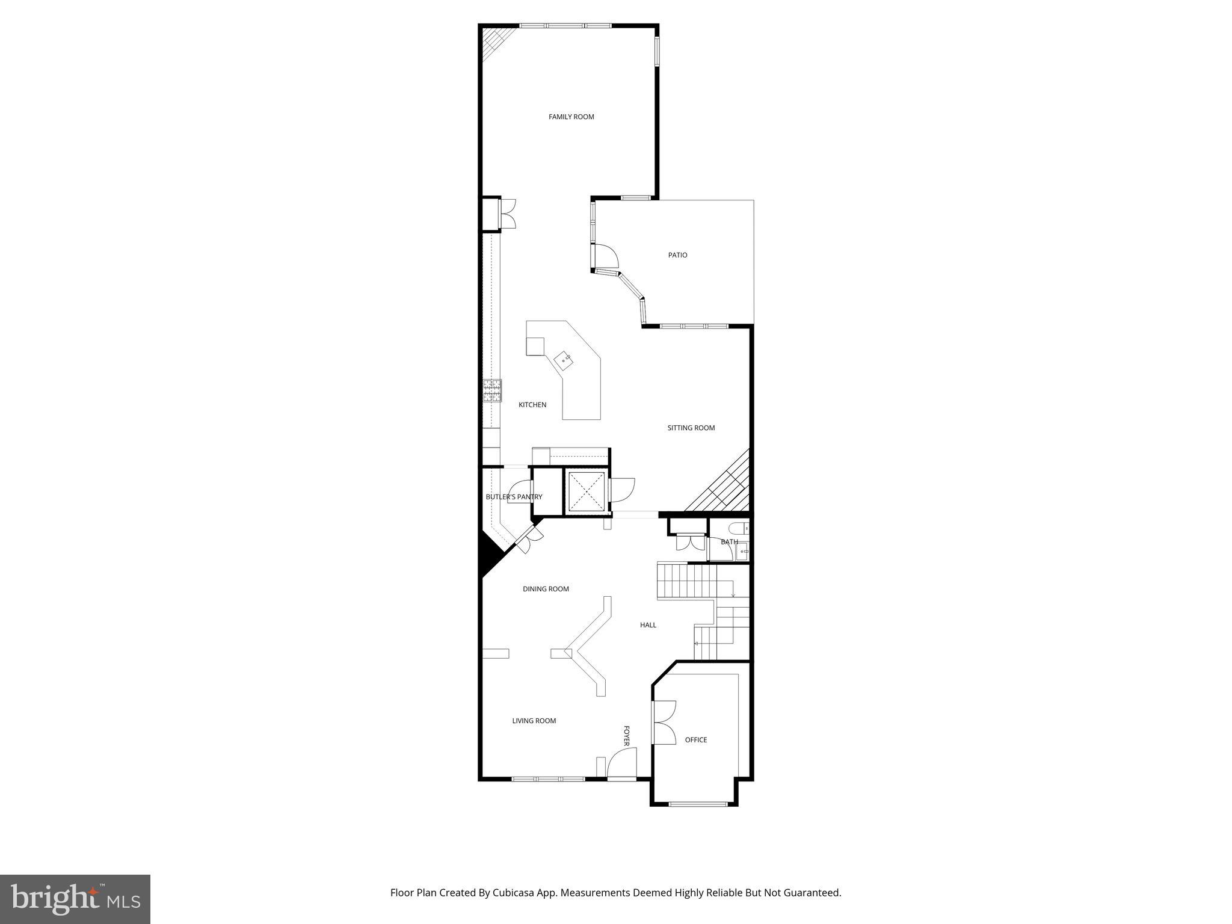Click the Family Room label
pyautogui.click(x=571, y=117)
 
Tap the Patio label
pyautogui.click(x=677, y=255)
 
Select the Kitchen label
pyautogui.click(x=532, y=405)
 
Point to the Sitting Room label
pyautogui.click(x=691, y=428)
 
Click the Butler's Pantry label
pyautogui.click(x=514, y=497)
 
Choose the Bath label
pyautogui.click(x=729, y=542)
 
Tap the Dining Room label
pyautogui.click(x=546, y=589)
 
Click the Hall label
pyautogui.click(x=648, y=625)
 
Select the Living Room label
pyautogui.click(x=534, y=721)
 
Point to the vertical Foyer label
pyautogui.click(x=626, y=736)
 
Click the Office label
pyautogui.click(x=696, y=740)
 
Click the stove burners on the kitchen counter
pyautogui.click(x=492, y=390)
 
